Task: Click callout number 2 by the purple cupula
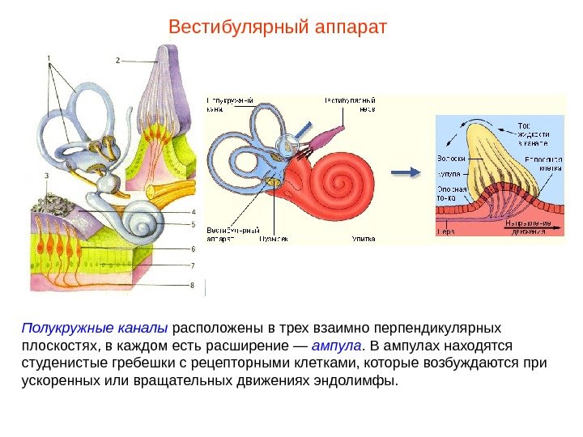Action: pos(118,61)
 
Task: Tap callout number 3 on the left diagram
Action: pos(47,175)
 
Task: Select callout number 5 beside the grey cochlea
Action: pos(193,224)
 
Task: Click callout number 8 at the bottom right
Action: pos(193,285)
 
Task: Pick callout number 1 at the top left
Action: pos(49,57)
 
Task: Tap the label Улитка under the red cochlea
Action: pos(363,240)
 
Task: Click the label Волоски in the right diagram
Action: pos(450,159)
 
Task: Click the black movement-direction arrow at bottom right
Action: pos(534,231)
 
